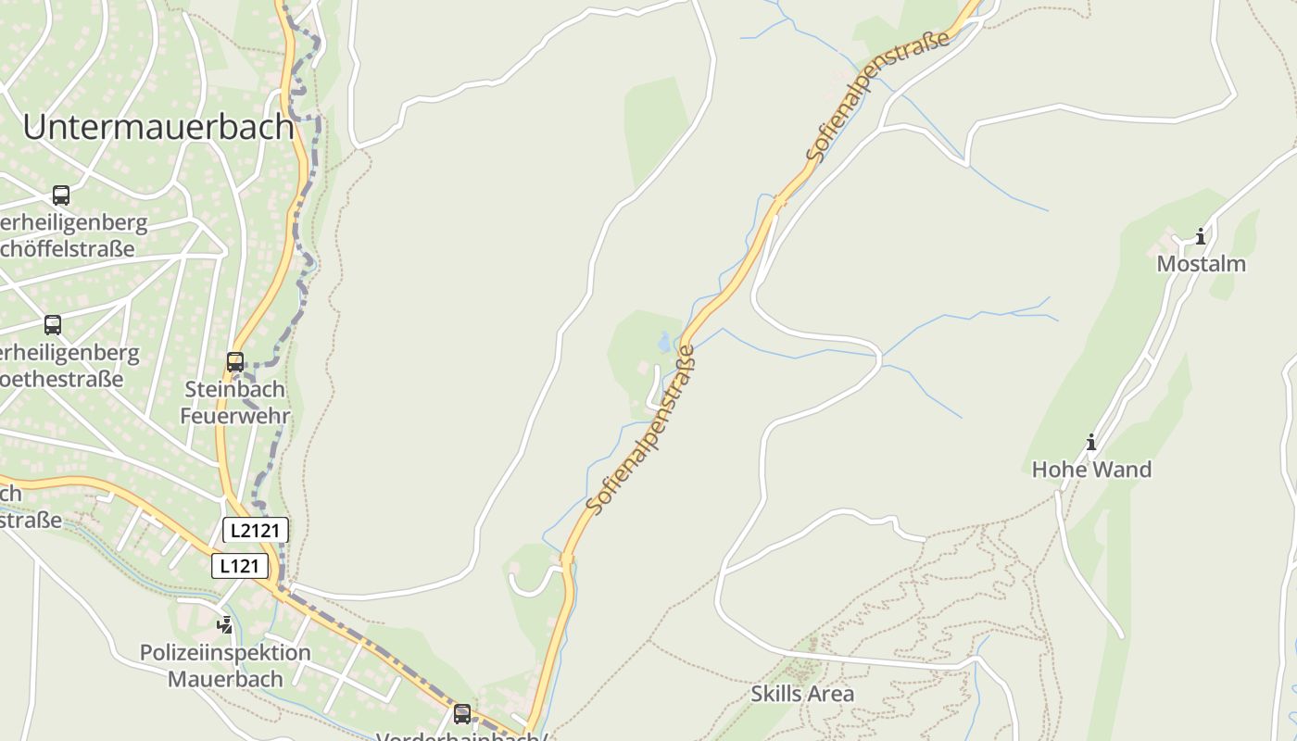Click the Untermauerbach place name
(157, 127)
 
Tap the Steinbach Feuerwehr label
(234, 402)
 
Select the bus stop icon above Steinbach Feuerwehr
(235, 362)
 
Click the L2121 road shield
(256, 530)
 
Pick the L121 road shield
(240, 566)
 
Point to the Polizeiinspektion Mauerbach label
(225, 665)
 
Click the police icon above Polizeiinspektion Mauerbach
(225, 625)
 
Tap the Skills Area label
(802, 694)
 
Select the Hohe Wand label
(1091, 470)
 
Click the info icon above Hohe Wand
(1091, 443)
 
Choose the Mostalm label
(1201, 264)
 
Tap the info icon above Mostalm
(1201, 236)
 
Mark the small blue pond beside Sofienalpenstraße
(664, 343)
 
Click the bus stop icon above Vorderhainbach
(461, 714)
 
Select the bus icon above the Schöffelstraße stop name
(61, 195)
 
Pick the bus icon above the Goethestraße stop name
(53, 325)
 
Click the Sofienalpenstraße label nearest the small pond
(640, 431)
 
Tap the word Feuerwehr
(234, 416)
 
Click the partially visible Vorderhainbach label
(461, 736)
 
